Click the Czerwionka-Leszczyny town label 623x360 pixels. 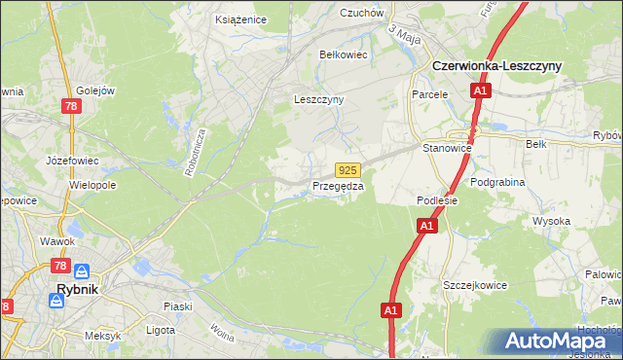[509, 64]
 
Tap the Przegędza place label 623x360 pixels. [338, 186]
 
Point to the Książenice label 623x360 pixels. [239, 18]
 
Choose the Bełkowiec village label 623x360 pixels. [343, 54]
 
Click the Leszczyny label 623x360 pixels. [319, 99]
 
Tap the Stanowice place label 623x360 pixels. [447, 148]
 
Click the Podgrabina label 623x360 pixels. [497, 182]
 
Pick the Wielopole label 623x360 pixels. [92, 183]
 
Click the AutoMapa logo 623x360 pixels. [561, 342]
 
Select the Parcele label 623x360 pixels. [428, 95]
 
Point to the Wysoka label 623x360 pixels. [551, 221]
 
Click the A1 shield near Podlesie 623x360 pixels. [425, 226]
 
